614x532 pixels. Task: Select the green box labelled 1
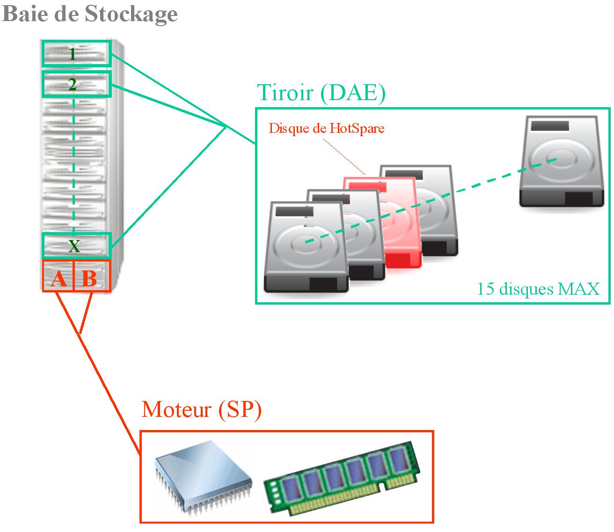click(x=76, y=54)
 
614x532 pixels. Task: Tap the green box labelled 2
click(x=76, y=85)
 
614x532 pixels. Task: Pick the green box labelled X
click(x=76, y=245)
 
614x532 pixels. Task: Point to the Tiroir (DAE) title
click(x=322, y=93)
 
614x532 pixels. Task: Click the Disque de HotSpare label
click(x=326, y=128)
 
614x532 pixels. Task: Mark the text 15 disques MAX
click(x=538, y=289)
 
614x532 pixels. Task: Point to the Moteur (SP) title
click(x=201, y=409)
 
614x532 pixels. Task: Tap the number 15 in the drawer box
click(x=485, y=289)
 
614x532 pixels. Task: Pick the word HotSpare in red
click(x=357, y=128)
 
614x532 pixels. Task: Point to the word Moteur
click(x=176, y=409)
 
